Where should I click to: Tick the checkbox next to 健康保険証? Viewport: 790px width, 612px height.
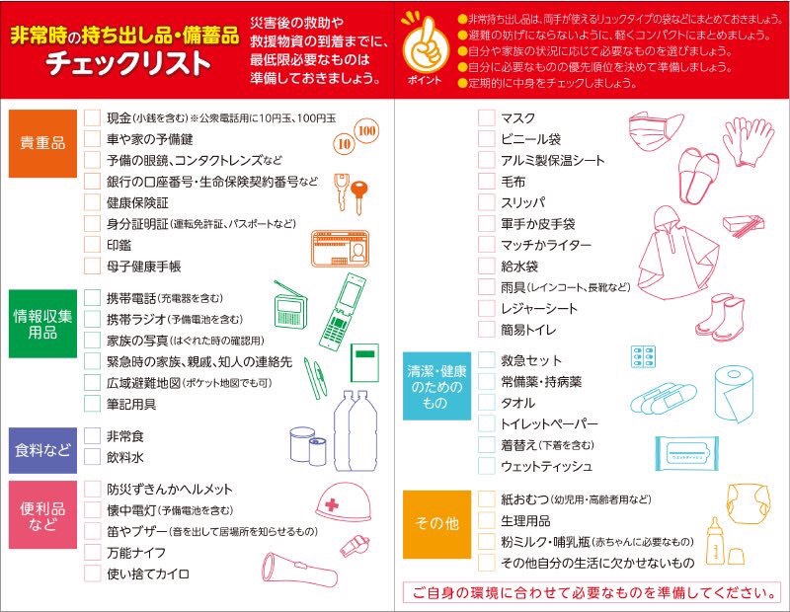click(92, 202)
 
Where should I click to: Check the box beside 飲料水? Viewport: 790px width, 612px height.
click(92, 457)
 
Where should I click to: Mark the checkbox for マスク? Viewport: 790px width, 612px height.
click(486, 117)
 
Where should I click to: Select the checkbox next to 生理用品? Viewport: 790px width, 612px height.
click(486, 520)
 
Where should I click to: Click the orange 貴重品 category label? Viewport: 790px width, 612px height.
click(42, 143)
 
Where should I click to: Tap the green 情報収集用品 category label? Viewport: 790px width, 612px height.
click(42, 324)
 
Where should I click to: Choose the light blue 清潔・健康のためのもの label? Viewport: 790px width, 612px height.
click(436, 386)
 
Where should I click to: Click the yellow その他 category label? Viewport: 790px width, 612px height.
click(436, 524)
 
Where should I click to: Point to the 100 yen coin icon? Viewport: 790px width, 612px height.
click(366, 131)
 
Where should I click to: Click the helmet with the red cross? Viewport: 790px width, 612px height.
click(343, 502)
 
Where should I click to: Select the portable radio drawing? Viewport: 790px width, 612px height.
click(289, 305)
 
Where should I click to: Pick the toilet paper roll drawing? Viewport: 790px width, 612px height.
click(734, 394)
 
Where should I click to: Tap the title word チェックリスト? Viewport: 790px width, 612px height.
click(128, 64)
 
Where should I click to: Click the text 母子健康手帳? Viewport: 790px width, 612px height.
click(143, 267)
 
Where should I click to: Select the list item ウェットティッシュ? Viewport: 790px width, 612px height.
click(547, 467)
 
